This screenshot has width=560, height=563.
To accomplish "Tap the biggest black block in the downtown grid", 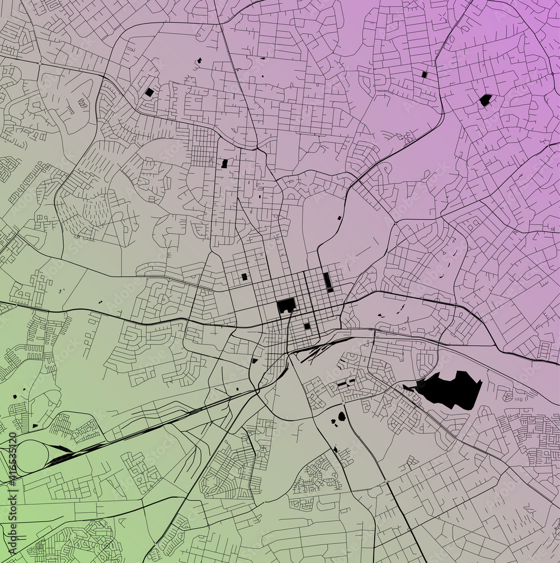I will point(286,306).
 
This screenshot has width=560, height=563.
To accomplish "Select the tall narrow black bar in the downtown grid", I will point(327,281).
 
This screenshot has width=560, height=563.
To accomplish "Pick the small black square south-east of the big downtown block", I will point(306,326).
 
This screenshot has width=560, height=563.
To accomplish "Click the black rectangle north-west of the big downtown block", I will point(245,276).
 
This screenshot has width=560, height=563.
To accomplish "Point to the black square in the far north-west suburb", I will point(149,92).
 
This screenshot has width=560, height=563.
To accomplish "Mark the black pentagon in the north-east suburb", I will point(485,100).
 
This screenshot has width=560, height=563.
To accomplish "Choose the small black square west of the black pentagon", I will point(424,74).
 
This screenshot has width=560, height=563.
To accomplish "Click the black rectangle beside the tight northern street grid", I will point(225,163).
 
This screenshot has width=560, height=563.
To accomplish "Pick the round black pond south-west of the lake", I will point(341,417).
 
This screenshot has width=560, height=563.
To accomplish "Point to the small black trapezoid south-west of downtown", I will point(255,360).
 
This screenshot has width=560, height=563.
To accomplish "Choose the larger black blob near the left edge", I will point(14,396).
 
